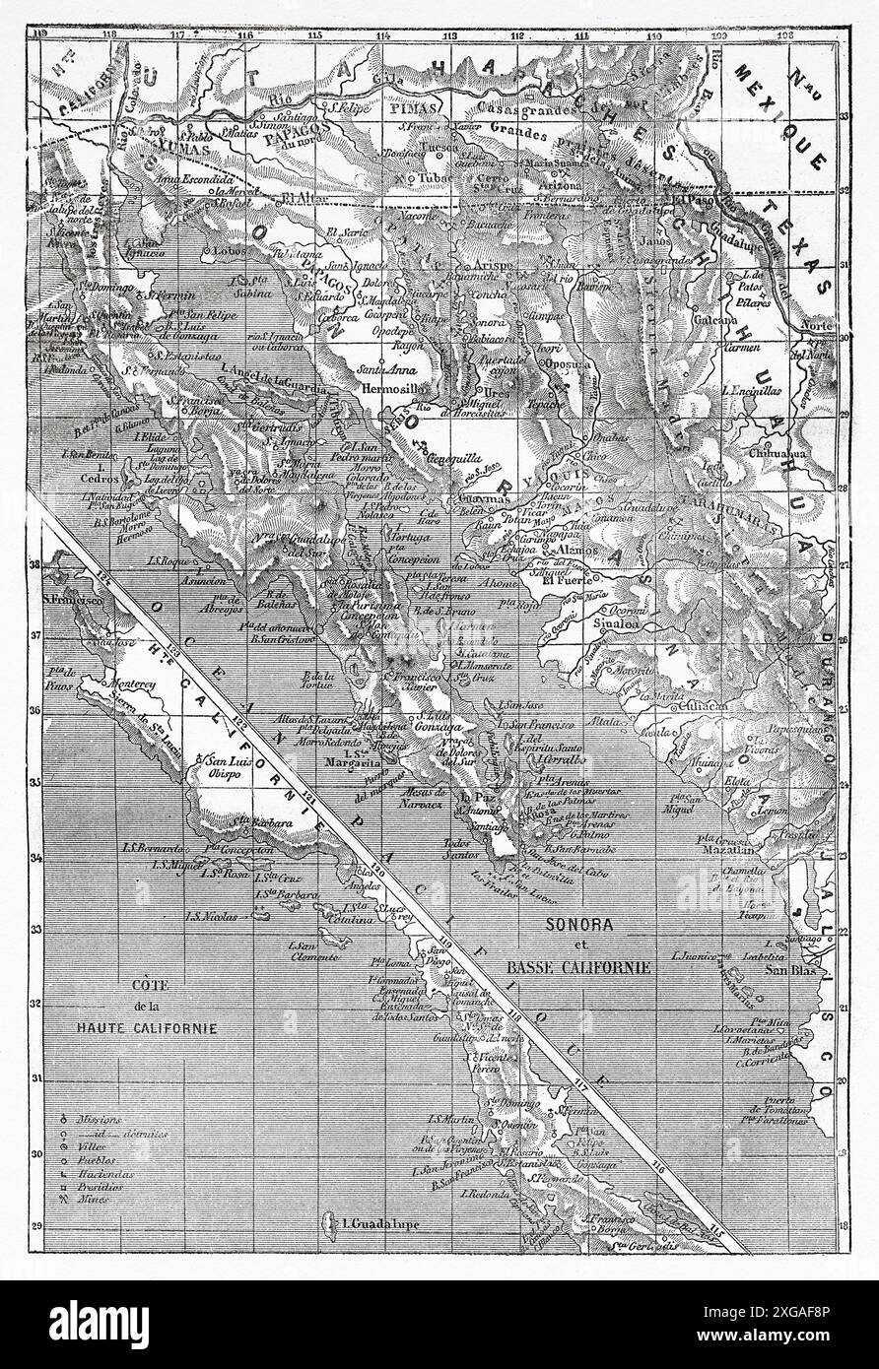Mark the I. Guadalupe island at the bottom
tap(367, 1226)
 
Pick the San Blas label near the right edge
tap(784, 968)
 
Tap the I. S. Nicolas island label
tap(213, 916)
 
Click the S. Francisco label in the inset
tap(74, 598)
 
